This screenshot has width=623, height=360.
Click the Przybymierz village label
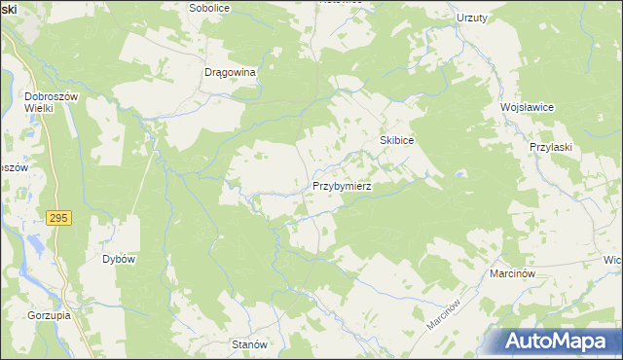[x=341, y=185]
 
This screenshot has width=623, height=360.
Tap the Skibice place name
[x=397, y=141]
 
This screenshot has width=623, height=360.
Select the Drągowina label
[x=230, y=72]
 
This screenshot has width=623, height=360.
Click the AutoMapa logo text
[x=565, y=341]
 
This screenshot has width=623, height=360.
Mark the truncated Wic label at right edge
[x=613, y=261]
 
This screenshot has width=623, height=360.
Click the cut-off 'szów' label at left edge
[x=12, y=166]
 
